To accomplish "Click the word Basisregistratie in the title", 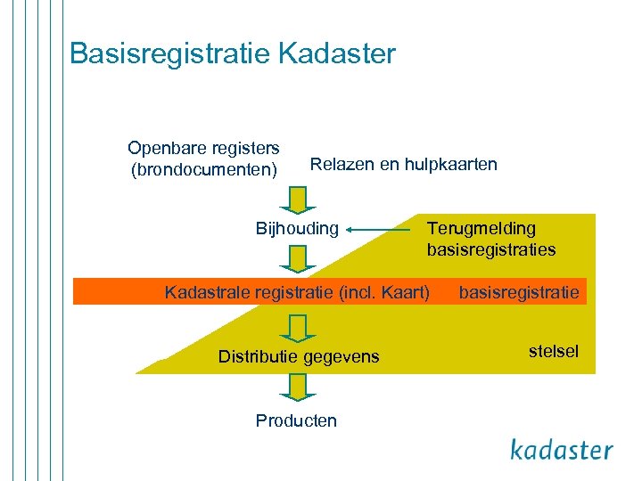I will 170,53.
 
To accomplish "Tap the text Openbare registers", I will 203,147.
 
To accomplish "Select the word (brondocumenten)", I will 203,168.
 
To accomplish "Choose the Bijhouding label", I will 297,229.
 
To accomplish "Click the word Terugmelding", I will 481,229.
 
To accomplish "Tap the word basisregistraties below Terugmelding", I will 490,249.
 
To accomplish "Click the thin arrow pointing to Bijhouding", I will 379,230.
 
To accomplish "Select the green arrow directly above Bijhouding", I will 297,198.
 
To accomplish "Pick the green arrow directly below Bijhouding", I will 297,258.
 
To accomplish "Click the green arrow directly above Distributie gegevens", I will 297,326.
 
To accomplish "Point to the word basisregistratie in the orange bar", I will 518,291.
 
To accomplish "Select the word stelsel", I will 553,351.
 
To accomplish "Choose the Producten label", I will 296,420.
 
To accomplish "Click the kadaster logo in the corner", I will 562,449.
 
